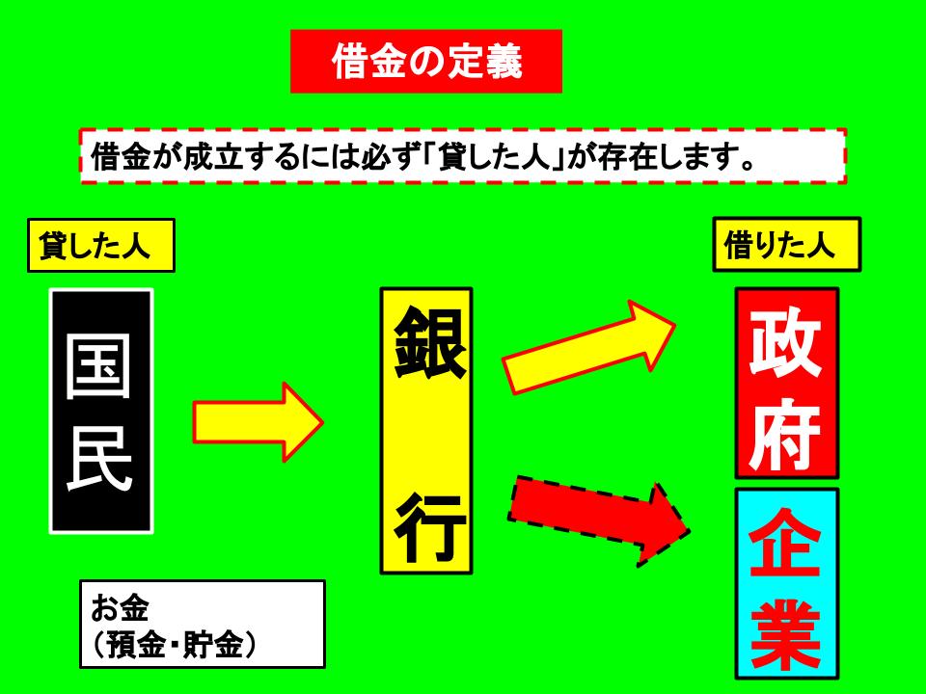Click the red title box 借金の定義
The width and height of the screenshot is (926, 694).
[425, 62]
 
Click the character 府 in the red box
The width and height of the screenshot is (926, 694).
[786, 435]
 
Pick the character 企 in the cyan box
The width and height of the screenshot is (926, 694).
[786, 544]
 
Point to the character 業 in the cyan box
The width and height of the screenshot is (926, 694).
[786, 634]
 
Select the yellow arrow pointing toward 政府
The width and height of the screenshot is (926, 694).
[588, 346]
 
